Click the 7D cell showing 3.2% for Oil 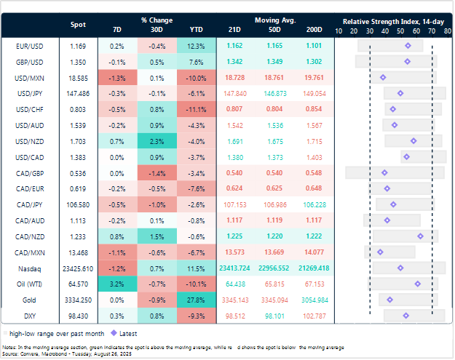point(118,284)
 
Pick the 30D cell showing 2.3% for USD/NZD point(155,141)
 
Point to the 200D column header point(315,31)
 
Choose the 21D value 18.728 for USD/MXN point(234,77)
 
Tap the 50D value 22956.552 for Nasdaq point(274,268)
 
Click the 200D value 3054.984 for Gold point(315,300)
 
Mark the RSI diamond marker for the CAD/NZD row point(421,236)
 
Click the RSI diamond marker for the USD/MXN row point(383,77)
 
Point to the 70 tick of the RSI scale point(432,31)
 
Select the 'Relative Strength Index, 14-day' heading point(393,20)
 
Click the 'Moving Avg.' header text point(274,20)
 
